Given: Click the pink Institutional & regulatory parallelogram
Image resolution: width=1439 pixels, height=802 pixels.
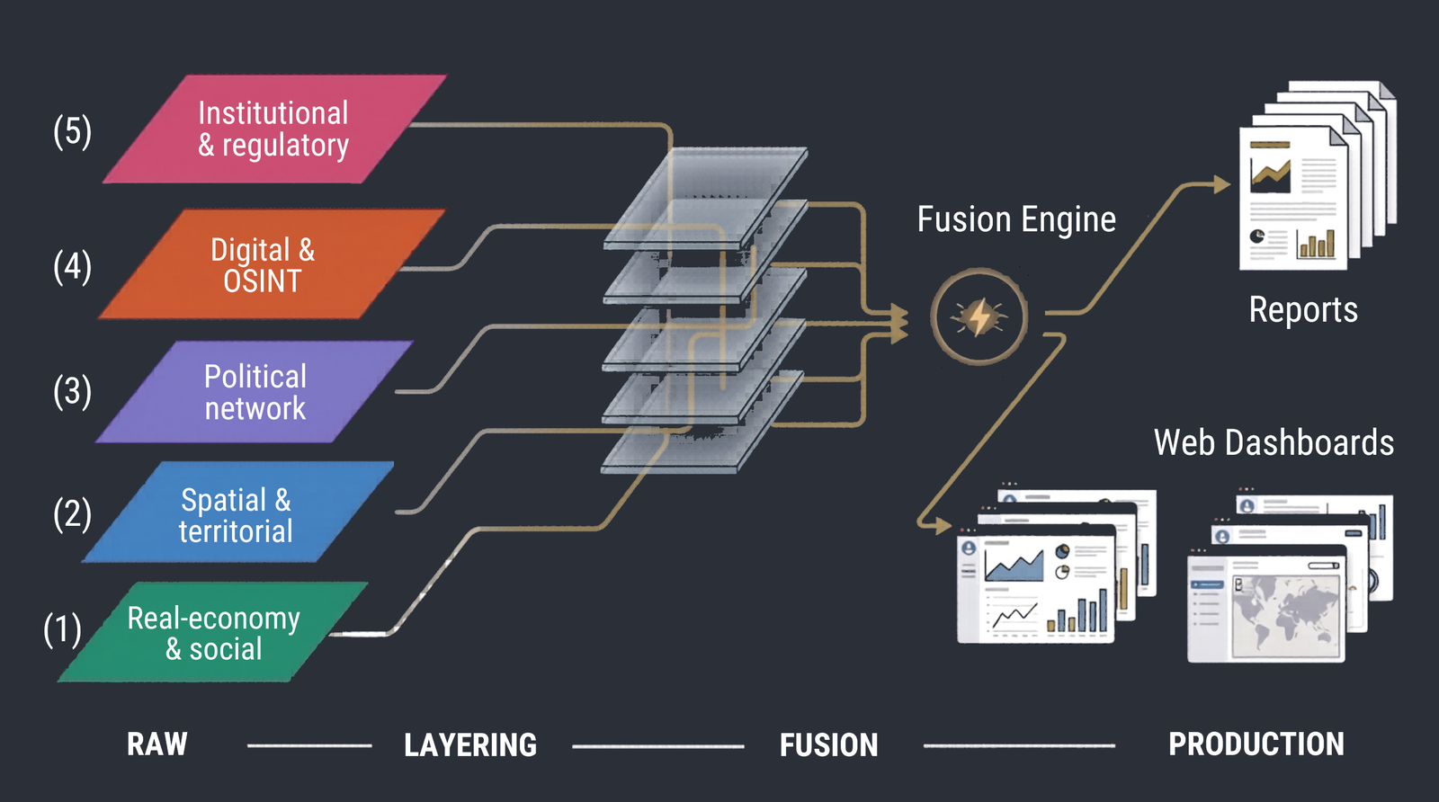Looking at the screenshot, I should pos(274,129).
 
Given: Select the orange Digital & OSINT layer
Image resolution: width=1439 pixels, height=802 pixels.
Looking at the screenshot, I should pos(270,264).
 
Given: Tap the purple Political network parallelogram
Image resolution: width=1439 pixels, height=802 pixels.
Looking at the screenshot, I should pos(255,392).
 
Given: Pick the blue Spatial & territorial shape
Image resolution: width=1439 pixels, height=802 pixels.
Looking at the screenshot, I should pos(237,513).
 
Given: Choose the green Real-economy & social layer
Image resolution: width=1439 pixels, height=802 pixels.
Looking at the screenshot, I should pos(214,633).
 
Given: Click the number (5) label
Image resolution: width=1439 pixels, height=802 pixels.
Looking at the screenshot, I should pos(72,131).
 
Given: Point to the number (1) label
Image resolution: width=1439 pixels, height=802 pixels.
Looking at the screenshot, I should pos(62,629).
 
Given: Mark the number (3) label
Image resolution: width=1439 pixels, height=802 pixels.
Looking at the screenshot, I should pos(72,391).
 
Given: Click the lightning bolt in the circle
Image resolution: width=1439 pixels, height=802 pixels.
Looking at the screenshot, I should pos(979,316).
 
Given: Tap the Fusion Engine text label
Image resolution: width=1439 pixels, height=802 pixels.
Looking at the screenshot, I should pos(1016,219).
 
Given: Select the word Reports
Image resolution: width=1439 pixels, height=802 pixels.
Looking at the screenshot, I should pos(1302,310).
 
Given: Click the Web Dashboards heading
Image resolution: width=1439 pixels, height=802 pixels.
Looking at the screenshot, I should pos(1274,442).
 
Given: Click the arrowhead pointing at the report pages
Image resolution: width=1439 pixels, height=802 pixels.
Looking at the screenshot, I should pos(1221,184).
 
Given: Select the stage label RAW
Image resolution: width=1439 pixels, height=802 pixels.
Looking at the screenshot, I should pos(157,744).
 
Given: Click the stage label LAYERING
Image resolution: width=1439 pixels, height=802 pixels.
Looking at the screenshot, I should pos(469,745).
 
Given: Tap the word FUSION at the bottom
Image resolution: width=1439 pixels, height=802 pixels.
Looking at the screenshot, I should pos(828,745).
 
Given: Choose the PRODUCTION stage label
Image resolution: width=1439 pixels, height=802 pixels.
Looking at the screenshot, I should pos(1256,744).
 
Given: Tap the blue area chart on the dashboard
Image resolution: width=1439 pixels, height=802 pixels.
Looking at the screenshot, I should pos(1014,566).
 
